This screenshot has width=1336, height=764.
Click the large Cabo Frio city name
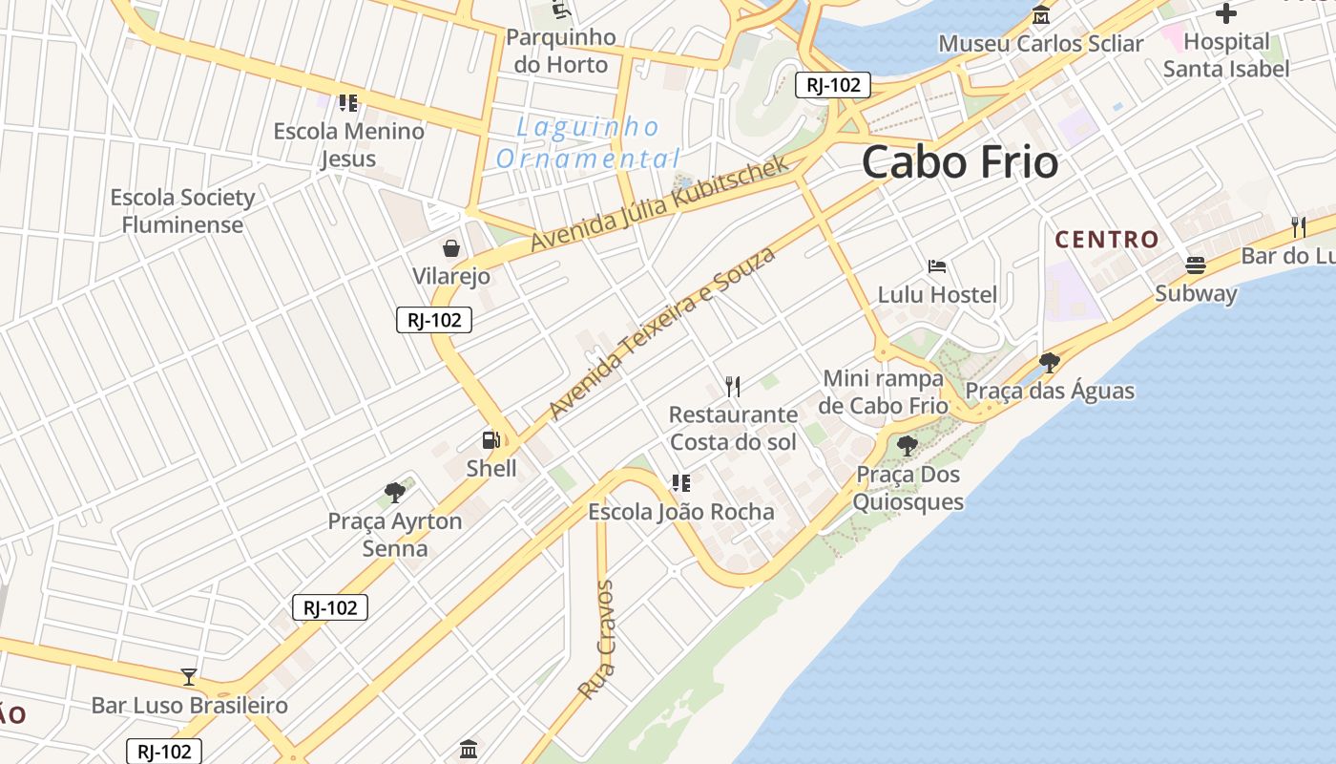[960, 162]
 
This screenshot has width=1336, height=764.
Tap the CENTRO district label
[1107, 239]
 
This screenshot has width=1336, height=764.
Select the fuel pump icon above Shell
[491, 440]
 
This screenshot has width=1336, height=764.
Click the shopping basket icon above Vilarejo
[451, 248]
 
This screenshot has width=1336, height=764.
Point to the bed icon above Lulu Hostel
[937, 266]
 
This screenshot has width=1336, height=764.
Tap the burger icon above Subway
[1196, 265]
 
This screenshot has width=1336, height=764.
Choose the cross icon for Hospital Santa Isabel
[1226, 13]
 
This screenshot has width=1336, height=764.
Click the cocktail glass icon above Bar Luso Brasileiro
[189, 677]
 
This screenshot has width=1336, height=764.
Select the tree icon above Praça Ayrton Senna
[394, 493]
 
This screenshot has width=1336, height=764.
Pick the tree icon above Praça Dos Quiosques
[908, 445]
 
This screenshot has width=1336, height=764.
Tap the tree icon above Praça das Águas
[1050, 362]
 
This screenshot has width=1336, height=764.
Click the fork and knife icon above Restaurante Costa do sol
[733, 386]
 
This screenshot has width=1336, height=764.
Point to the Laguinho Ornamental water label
[588, 142]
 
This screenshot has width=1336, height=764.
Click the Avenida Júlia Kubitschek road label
[660, 203]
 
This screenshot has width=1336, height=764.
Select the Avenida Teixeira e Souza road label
[662, 332]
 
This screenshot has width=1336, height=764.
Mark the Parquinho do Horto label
[561, 51]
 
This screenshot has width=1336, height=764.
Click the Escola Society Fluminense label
[182, 211]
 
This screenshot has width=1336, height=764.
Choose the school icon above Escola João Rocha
[680, 483]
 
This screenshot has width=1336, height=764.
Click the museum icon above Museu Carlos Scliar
[1041, 15]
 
